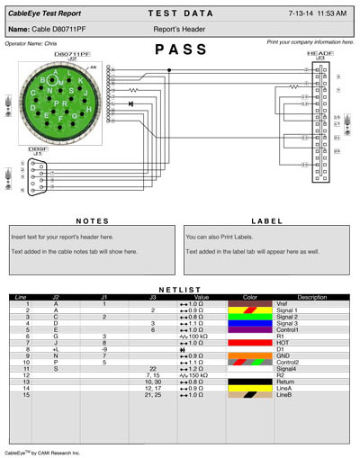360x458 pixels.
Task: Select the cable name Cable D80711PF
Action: (48, 30)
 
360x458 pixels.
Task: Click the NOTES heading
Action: (93, 220)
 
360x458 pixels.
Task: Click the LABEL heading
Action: (267, 220)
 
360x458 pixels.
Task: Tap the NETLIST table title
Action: (180, 290)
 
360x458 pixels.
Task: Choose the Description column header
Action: (311, 297)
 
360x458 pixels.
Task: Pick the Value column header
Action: (201, 297)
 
